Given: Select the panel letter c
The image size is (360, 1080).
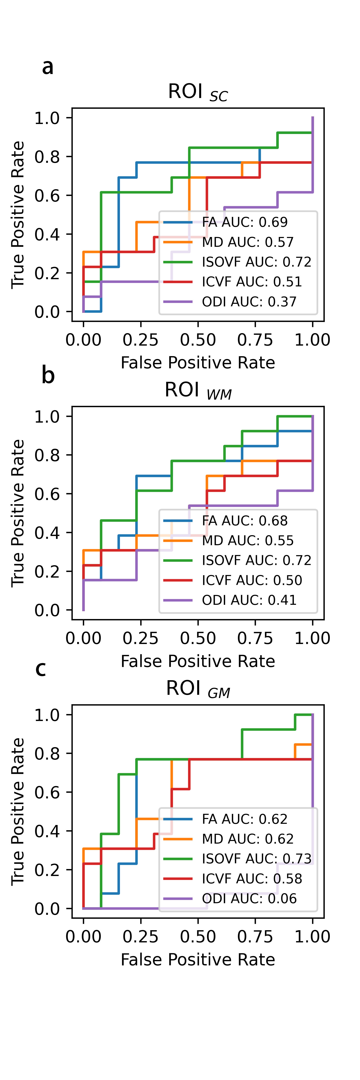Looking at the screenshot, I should click(x=41, y=668).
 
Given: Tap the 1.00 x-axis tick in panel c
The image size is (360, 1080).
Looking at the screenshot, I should click(x=312, y=937).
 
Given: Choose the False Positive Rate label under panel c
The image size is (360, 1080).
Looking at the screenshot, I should click(x=198, y=960).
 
